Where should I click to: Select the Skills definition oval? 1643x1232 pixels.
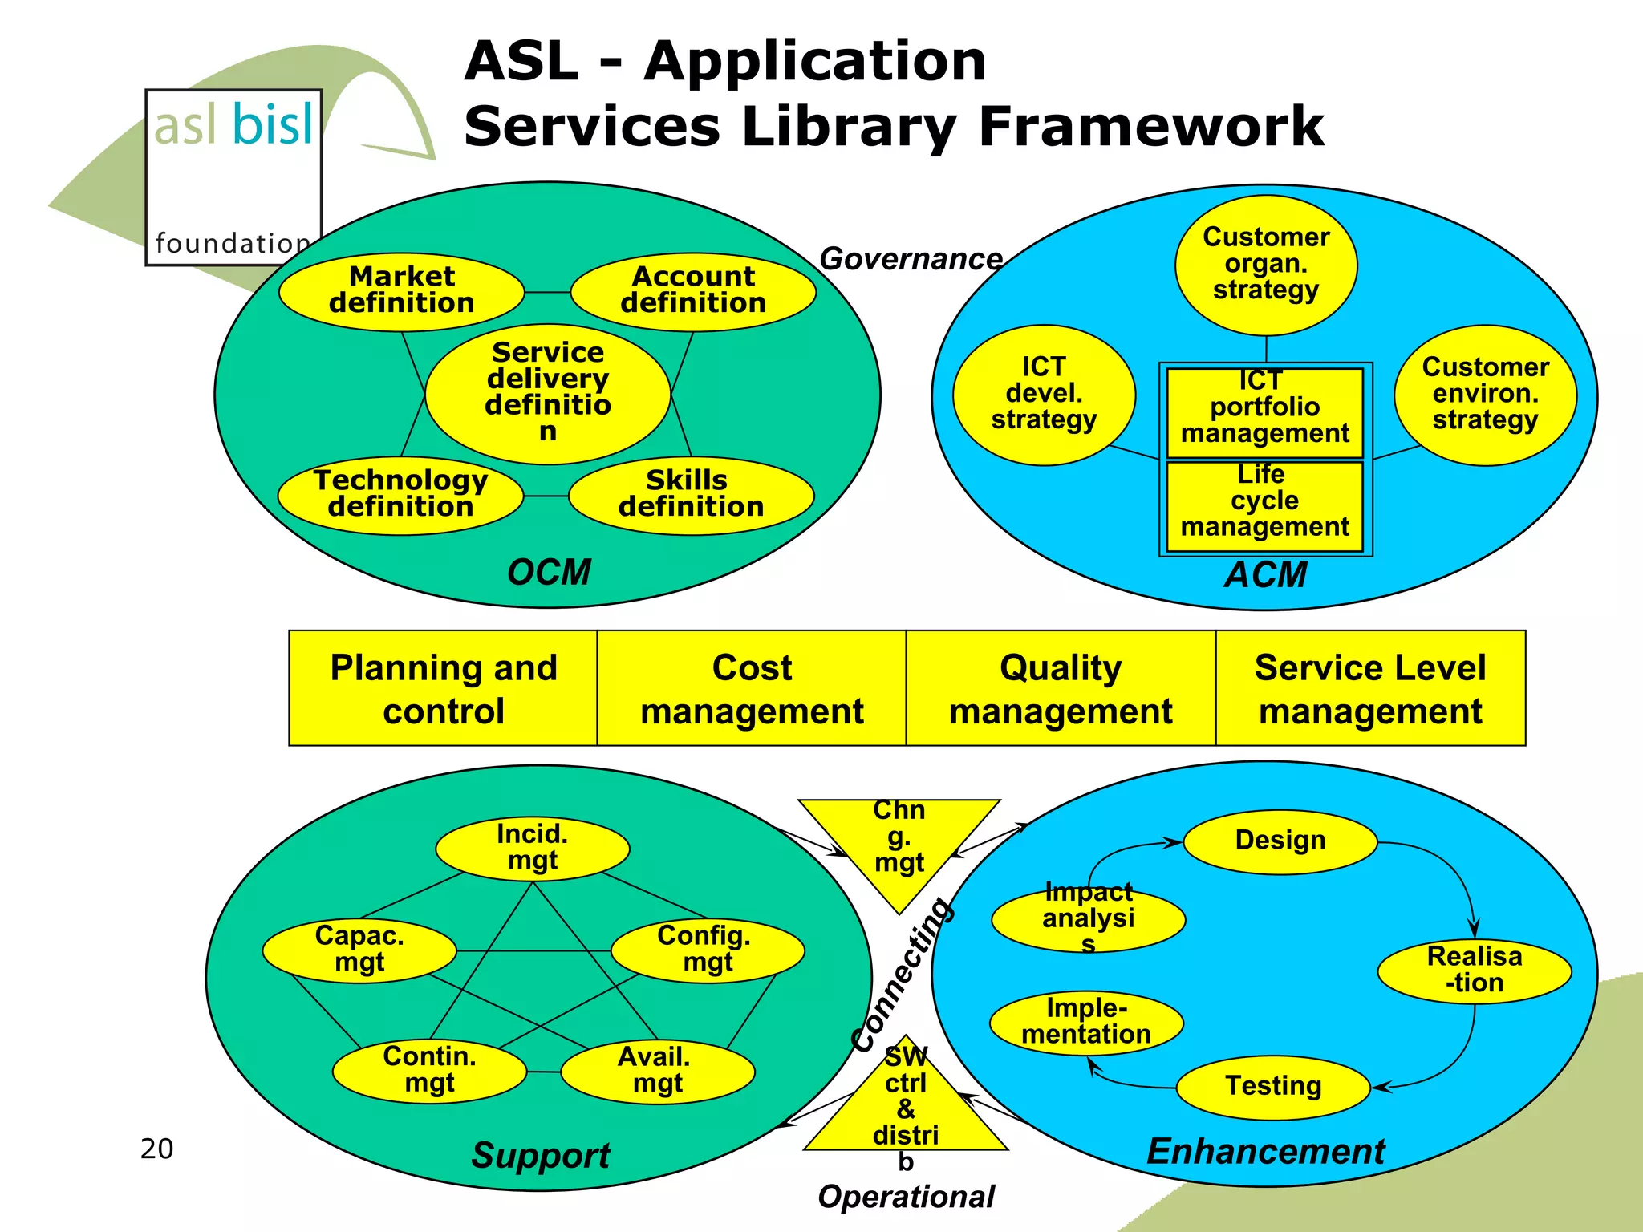(x=691, y=495)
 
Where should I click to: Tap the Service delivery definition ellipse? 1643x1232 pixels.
(x=548, y=393)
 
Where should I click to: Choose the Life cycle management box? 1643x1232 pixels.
(x=1264, y=506)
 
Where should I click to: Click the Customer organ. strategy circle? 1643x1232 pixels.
(x=1266, y=265)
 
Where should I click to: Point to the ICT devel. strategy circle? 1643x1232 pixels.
(x=1044, y=395)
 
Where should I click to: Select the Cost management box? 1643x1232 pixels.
(x=752, y=688)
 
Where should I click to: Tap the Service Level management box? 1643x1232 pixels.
(x=1370, y=688)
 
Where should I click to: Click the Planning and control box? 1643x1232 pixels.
(x=443, y=688)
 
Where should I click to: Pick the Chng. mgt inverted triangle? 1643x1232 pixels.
(x=899, y=842)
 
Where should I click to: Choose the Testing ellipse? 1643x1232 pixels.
(x=1273, y=1087)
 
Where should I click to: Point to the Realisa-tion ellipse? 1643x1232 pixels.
(x=1475, y=971)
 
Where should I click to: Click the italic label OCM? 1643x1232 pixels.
(x=549, y=573)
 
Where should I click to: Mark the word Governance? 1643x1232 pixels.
(x=911, y=259)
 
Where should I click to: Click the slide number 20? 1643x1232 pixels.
(x=156, y=1149)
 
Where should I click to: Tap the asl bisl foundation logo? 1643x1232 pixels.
(x=233, y=177)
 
